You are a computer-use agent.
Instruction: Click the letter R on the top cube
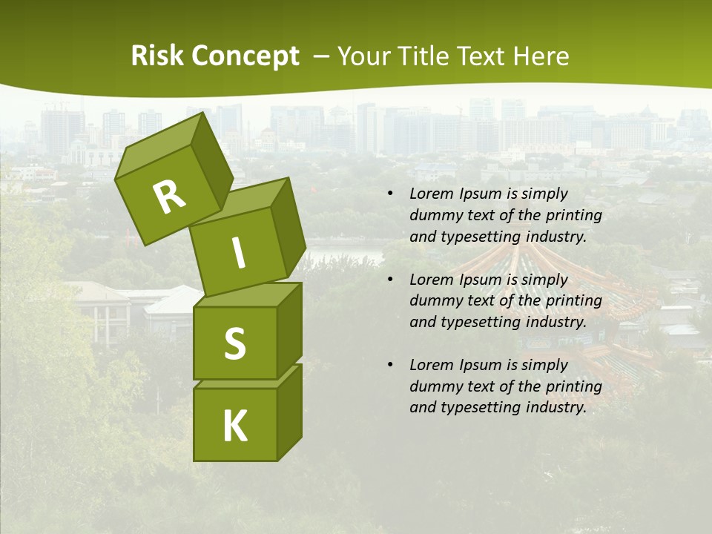tap(169, 197)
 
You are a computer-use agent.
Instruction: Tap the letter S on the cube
tap(234, 343)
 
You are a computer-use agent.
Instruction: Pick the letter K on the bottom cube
tap(234, 426)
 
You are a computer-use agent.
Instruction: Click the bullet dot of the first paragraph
tap(390, 194)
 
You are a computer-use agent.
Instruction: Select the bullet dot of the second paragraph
tap(390, 280)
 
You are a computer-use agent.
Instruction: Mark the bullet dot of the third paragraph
tap(390, 366)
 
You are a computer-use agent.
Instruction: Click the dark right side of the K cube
tap(289, 412)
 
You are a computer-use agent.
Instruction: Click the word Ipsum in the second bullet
tap(482, 280)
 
